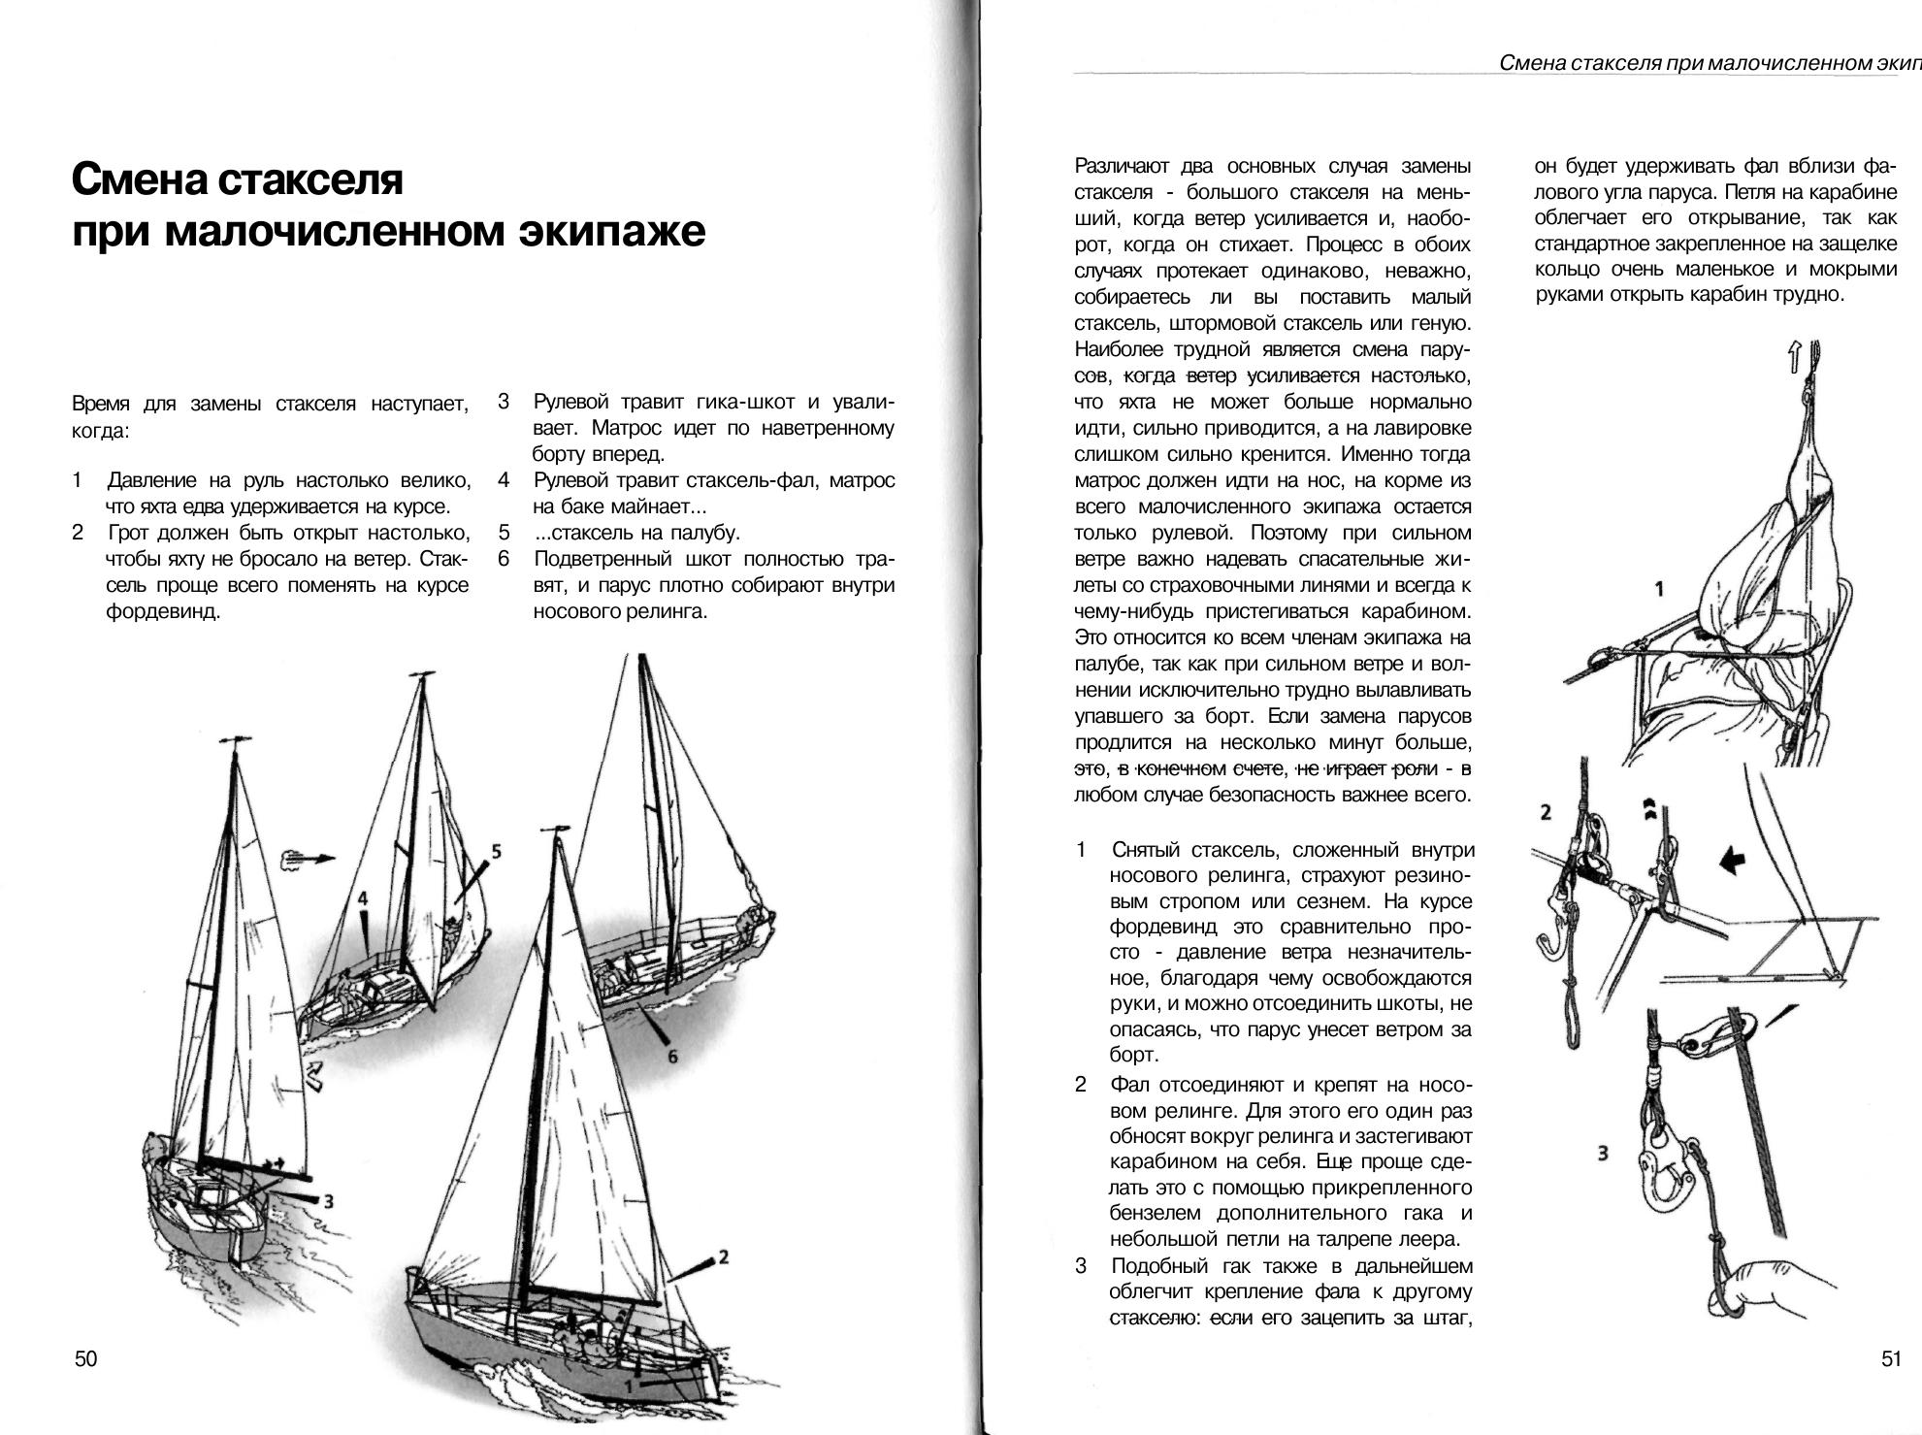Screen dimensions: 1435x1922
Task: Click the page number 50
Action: tap(86, 1358)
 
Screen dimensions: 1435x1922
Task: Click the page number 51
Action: tap(1891, 1358)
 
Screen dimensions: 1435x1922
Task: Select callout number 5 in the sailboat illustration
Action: tap(496, 852)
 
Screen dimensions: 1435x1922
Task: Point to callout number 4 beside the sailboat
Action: tap(362, 897)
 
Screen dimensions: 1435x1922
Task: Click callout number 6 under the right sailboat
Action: tap(671, 1057)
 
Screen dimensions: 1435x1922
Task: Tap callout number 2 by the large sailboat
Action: tap(723, 1257)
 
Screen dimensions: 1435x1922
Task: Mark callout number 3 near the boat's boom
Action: tap(329, 1201)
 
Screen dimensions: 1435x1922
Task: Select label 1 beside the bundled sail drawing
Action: tap(1659, 589)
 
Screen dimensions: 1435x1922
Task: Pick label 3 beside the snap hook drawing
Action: tap(1602, 1154)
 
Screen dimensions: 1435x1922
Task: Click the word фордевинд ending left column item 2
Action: tap(163, 612)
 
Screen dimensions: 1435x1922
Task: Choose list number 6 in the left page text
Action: tap(504, 559)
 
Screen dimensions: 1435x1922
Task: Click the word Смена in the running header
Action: tap(1532, 64)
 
